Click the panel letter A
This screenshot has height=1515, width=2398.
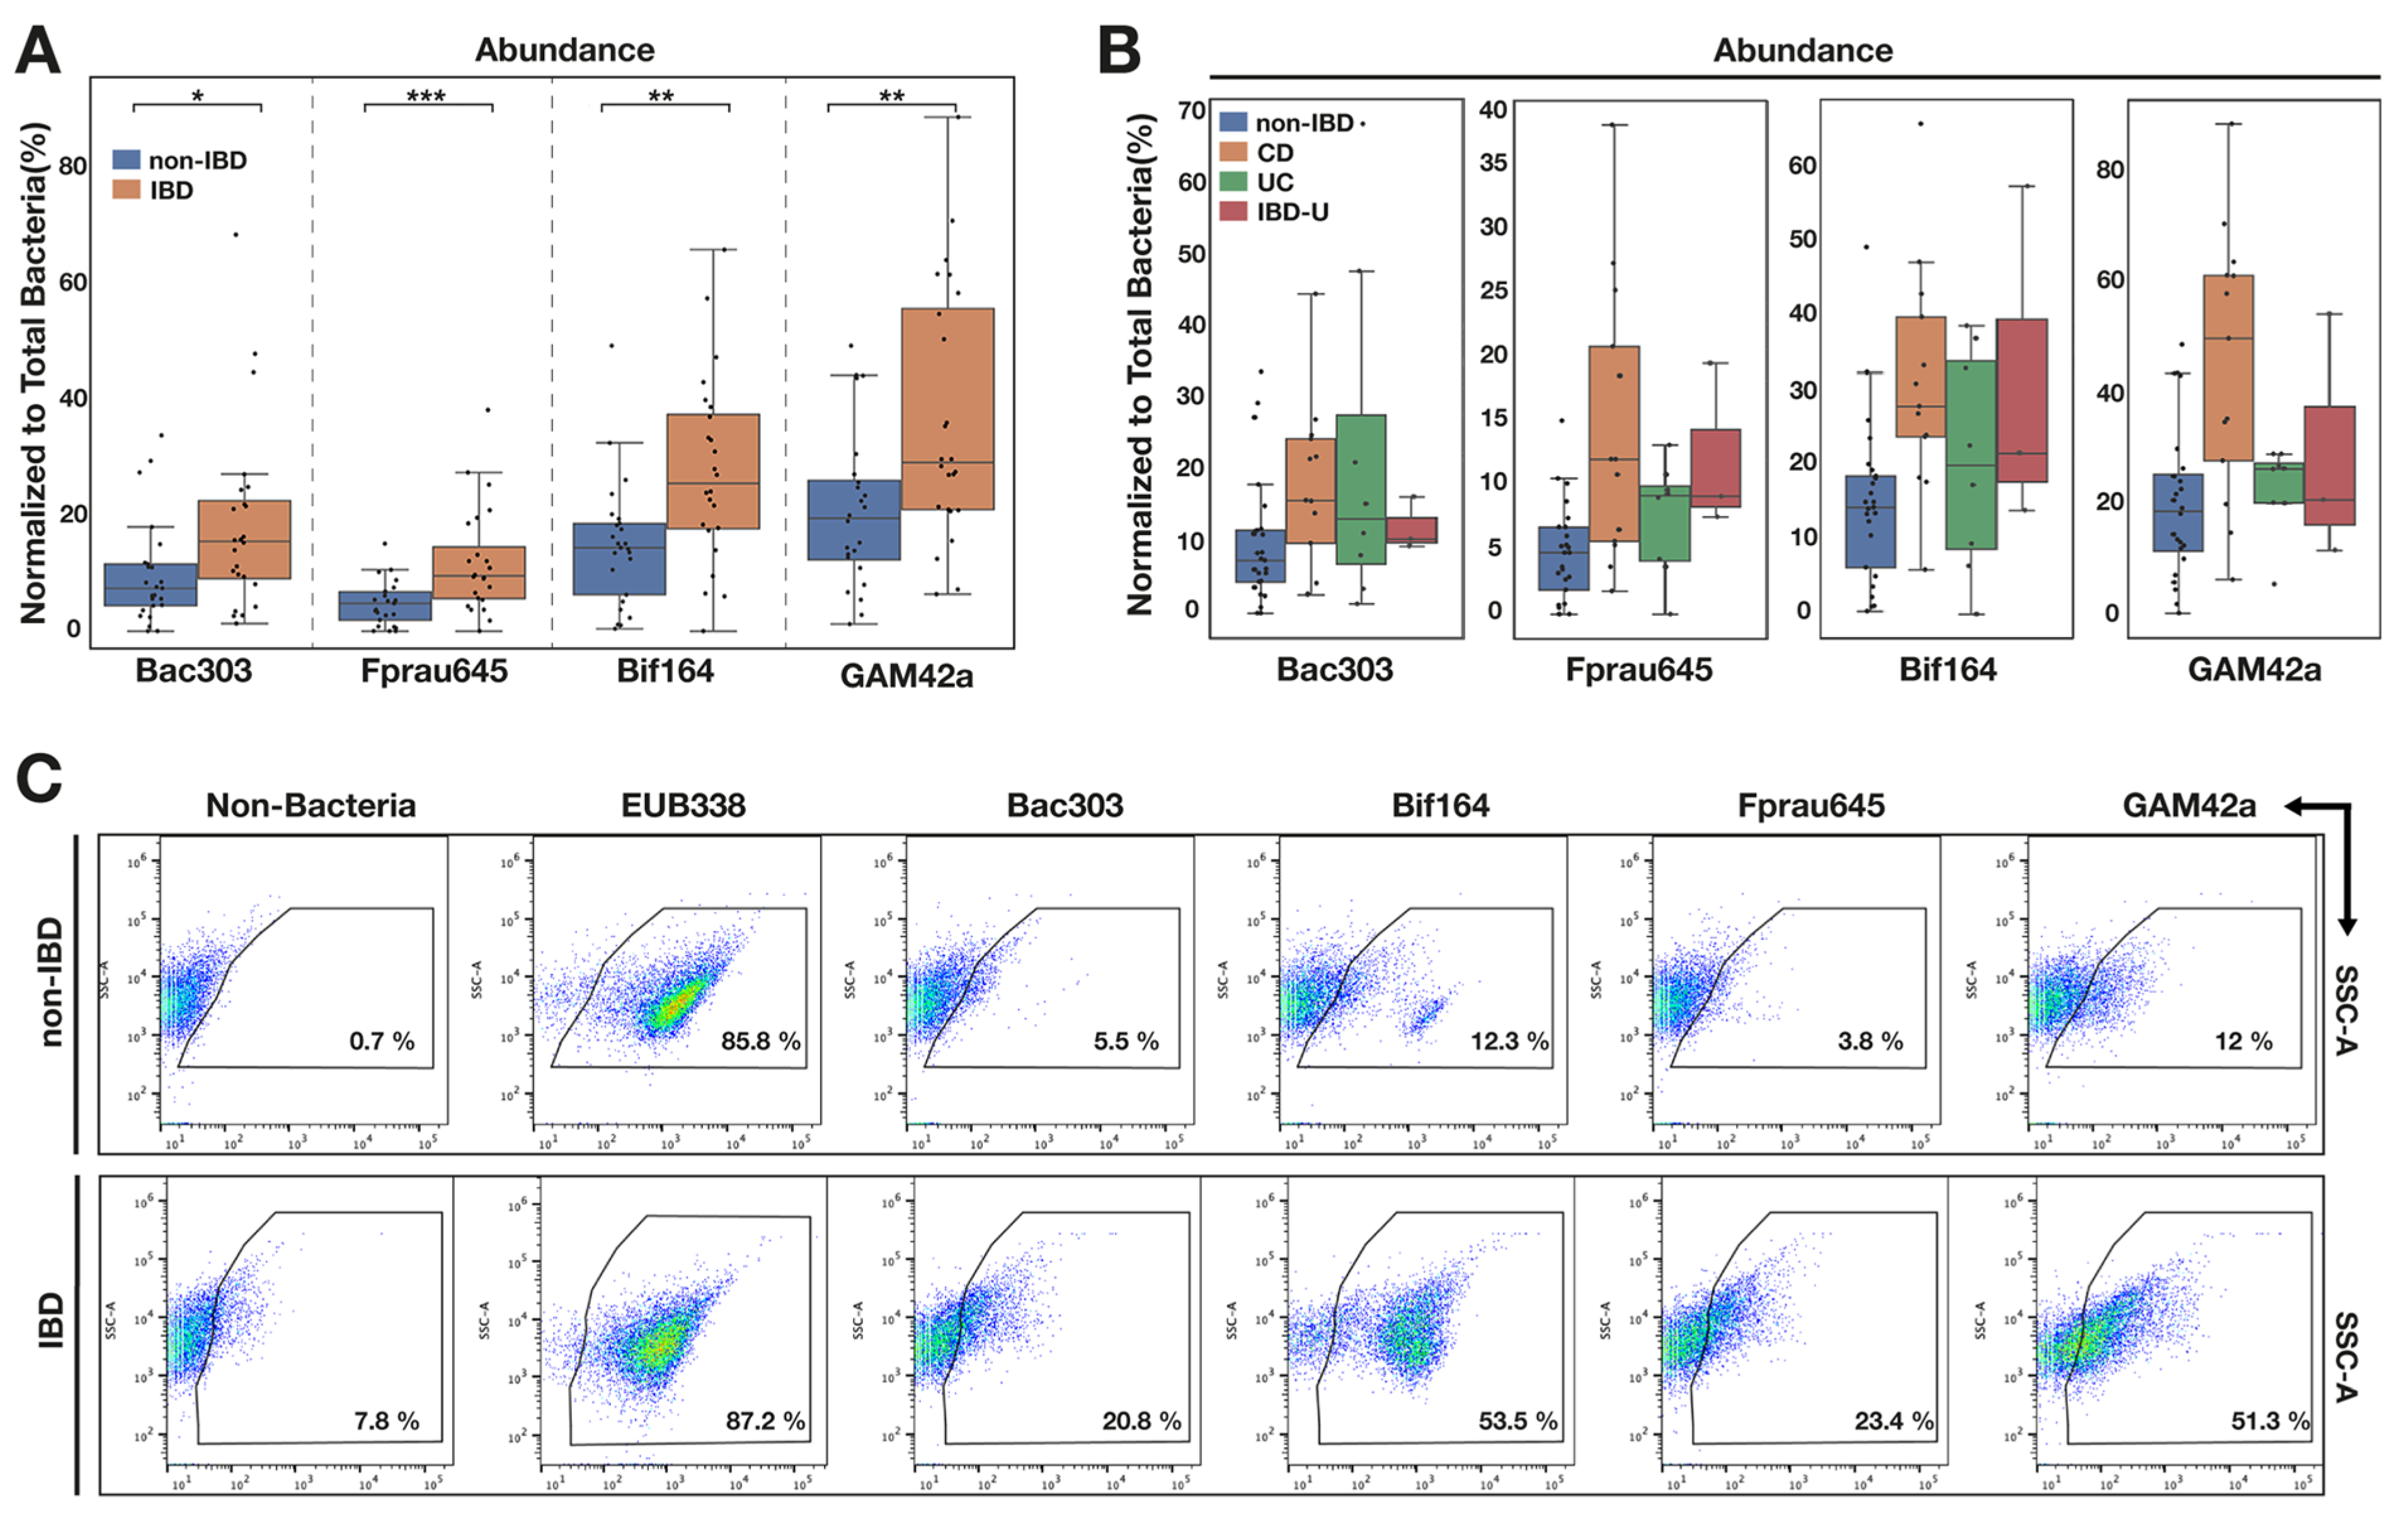[38, 50]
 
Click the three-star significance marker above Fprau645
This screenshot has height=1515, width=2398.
[426, 96]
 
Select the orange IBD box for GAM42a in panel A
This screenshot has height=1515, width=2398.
[947, 408]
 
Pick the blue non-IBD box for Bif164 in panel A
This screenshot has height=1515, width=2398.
[619, 559]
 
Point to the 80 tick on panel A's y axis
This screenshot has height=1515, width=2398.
[72, 165]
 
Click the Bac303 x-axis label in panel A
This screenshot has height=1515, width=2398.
[193, 671]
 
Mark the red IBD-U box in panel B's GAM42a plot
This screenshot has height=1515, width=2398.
[2329, 465]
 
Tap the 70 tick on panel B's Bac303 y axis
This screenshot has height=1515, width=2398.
[1192, 110]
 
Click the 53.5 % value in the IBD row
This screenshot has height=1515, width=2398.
[1517, 1420]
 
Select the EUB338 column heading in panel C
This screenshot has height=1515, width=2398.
[683, 805]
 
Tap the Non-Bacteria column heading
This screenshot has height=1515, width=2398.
[311, 805]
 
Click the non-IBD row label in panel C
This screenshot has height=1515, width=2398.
[50, 982]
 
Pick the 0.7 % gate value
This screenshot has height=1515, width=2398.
[382, 1041]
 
